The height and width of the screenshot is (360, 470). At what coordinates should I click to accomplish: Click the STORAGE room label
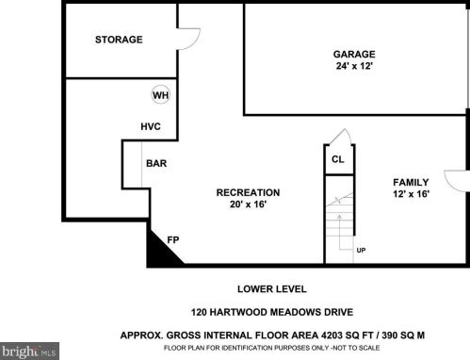click(119, 40)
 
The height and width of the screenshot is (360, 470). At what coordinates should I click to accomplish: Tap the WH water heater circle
click(161, 95)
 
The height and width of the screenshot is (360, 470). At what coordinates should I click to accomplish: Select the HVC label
click(151, 126)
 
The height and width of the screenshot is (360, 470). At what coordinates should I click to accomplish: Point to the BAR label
click(156, 163)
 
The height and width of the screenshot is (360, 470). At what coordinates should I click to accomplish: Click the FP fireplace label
click(173, 240)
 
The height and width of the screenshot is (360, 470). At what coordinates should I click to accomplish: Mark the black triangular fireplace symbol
click(160, 253)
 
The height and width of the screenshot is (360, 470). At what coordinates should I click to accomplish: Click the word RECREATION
click(248, 192)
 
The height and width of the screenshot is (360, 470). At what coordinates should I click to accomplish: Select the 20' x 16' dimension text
click(248, 205)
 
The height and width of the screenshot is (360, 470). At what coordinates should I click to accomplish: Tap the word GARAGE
click(354, 55)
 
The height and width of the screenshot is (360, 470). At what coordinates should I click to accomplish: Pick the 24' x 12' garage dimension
click(354, 66)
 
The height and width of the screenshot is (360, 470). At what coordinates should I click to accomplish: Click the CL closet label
click(338, 159)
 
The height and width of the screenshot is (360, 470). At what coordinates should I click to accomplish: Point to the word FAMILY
click(411, 182)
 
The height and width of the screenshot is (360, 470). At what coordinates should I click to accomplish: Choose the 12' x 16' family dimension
click(411, 194)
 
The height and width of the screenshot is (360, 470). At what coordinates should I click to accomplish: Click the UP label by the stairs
click(361, 251)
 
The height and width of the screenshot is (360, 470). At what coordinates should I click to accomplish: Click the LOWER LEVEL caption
click(272, 289)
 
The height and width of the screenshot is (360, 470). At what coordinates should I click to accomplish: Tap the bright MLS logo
click(29, 351)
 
